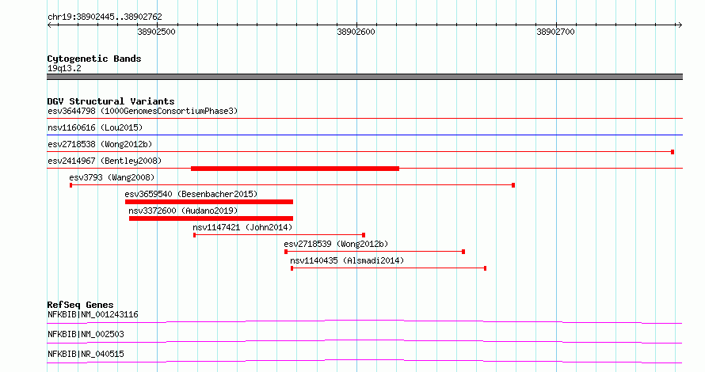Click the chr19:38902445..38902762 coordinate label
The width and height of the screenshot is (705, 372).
[105, 17]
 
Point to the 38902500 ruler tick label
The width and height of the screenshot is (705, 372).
[157, 32]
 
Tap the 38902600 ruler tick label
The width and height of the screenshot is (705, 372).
[356, 32]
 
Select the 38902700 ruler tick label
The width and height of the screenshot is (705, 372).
[556, 32]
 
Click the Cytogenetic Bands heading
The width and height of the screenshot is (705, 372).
[94, 59]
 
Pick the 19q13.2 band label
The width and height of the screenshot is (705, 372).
[64, 68]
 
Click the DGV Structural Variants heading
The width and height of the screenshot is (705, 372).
[111, 101]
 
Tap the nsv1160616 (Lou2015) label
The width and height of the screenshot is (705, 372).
[95, 127]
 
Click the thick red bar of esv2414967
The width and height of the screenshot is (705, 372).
[295, 169]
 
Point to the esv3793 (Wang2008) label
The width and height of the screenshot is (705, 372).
[112, 177]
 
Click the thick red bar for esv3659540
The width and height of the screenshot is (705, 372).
[209, 202]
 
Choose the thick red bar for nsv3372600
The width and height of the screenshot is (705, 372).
[211, 218]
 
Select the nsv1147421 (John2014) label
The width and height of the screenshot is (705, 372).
[242, 227]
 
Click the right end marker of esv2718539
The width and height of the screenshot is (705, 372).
[463, 252]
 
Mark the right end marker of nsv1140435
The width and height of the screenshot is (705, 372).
[485, 268]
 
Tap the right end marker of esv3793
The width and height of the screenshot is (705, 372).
[513, 185]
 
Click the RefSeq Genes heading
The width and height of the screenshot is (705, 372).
[80, 305]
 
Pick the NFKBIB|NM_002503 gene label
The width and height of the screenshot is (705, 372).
[86, 334]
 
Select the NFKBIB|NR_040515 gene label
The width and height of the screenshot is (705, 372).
[86, 354]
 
